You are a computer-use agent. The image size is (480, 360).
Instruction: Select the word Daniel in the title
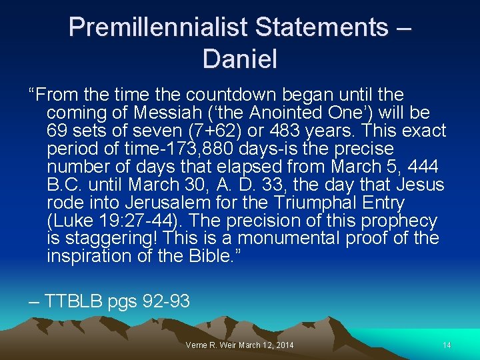click(240, 59)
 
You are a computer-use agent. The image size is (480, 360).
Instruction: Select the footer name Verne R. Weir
click(214, 345)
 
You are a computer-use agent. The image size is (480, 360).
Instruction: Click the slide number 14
click(447, 345)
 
